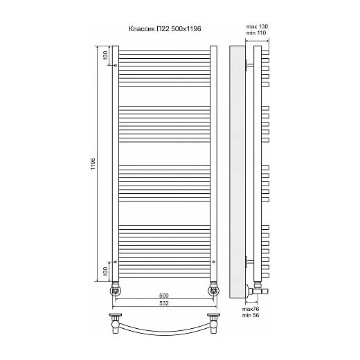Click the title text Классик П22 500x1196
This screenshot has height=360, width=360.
(165, 29)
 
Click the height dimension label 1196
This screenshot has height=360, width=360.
(93, 164)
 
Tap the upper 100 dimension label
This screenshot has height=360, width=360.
(105, 55)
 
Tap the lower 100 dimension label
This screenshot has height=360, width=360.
(105, 271)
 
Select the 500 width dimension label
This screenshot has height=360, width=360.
(164, 296)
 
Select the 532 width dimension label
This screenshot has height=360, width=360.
(164, 303)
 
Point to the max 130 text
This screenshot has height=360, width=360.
(257, 26)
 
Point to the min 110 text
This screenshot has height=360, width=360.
(256, 33)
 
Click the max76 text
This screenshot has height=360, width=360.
(251, 309)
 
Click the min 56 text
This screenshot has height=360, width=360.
(251, 315)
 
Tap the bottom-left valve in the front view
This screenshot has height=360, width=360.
(116, 289)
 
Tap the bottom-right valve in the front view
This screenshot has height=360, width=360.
(214, 289)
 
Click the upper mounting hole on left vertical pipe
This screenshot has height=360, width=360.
(116, 65)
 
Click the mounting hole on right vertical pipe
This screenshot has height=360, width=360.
(214, 262)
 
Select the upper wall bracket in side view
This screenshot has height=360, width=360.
(249, 65)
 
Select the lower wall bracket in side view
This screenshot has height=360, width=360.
(249, 262)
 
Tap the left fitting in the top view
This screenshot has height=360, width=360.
(116, 323)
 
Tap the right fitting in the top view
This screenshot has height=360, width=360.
(214, 323)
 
